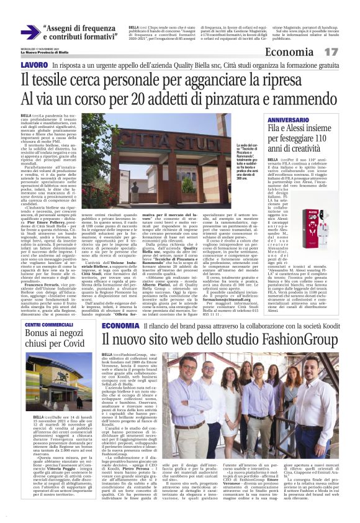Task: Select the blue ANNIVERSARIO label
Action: (297, 119)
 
